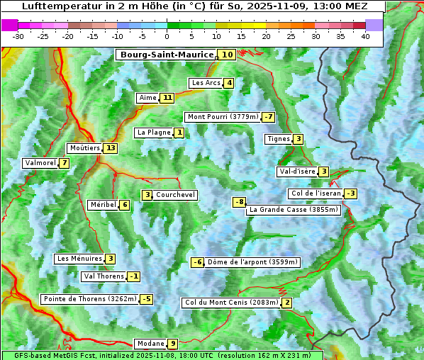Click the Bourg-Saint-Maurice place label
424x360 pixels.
click(167, 55)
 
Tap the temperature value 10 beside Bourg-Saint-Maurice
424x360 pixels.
click(227, 55)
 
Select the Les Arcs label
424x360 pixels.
click(206, 83)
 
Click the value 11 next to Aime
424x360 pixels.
click(167, 98)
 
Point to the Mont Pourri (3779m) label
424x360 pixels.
click(222, 117)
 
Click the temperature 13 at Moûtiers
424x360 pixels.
click(110, 148)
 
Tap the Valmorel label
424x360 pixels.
click(40, 163)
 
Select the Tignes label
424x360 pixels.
click(278, 139)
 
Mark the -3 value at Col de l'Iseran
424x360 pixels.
click(350, 193)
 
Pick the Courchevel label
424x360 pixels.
click(175, 195)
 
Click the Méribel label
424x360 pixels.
click(103, 205)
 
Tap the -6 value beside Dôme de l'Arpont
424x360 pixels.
click(198, 262)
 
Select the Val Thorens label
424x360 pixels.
click(104, 276)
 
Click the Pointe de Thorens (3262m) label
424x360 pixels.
click(89, 299)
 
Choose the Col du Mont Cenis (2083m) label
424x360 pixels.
click(230, 303)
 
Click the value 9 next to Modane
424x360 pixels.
click(172, 344)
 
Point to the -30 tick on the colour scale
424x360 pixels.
click(18, 36)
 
